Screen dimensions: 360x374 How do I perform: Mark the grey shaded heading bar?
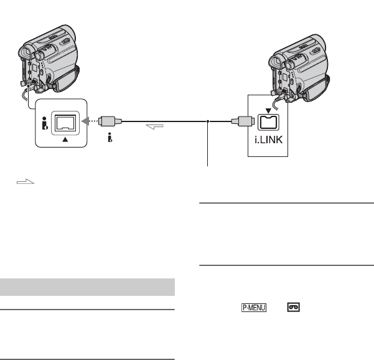(86, 287)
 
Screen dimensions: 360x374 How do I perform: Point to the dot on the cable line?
(207, 122)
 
